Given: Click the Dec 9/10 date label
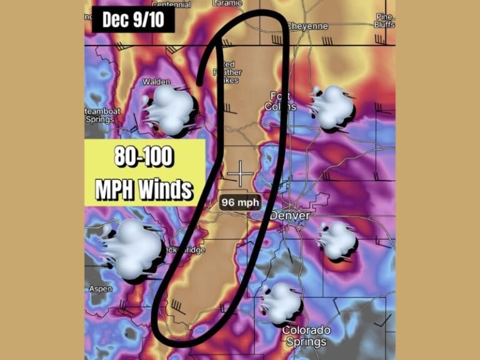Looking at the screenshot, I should tap(133, 19).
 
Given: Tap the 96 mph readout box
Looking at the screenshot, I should tap(240, 202).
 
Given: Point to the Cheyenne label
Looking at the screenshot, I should tap(308, 26).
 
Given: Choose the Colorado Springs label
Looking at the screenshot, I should tap(306, 336).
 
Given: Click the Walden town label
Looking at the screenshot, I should tap(156, 82).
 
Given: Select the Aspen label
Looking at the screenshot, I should tap(100, 289).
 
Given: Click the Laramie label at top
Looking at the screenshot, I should tap(227, 3).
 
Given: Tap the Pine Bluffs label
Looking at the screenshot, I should tap(384, 21).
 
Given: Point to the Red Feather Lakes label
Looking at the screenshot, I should tap(229, 72).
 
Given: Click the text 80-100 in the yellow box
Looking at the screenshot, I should tap(144, 157).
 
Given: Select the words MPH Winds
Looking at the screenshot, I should tap(144, 188).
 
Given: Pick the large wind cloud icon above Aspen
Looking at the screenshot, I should tap(132, 250).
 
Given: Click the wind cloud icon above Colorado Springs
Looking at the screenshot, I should tap(281, 302).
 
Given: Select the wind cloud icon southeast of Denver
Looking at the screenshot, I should tap(338, 240).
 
